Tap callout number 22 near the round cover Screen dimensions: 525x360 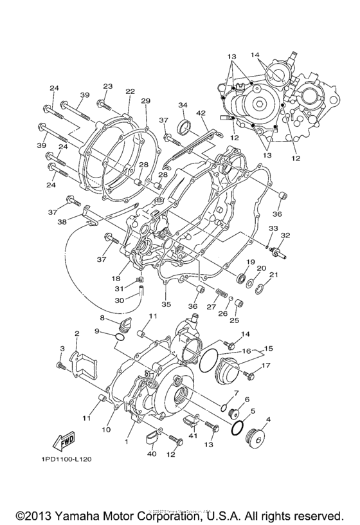point(130,91)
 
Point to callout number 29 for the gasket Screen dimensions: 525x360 point(145,101)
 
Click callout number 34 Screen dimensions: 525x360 point(183,105)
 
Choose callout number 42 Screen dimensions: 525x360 point(201,113)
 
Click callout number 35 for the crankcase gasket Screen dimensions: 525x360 point(166,304)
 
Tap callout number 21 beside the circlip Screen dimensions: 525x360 point(273,275)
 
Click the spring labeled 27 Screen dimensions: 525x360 point(221,294)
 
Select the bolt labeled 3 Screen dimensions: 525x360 point(61,365)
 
